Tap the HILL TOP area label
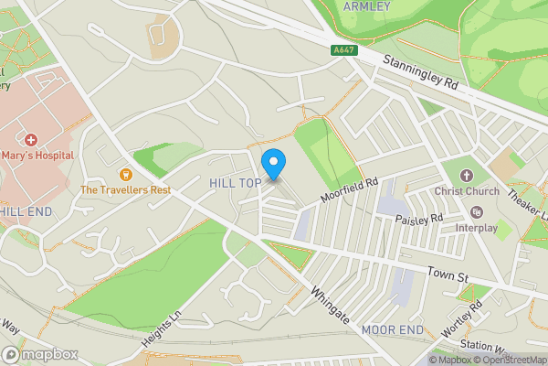coord(236,183)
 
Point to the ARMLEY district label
coord(366,6)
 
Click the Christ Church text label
coord(467,191)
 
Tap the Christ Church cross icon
coord(467,175)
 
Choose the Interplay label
coord(477,227)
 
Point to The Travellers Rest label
coord(125,190)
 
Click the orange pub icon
coord(125,174)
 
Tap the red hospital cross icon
coord(31,140)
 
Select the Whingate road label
coord(330,306)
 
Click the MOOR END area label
coord(392,328)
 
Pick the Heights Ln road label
coord(163,326)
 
